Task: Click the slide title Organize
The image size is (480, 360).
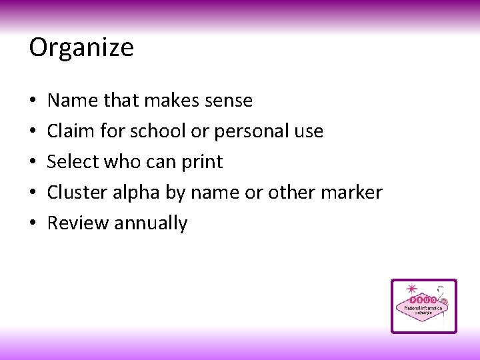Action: click(x=81, y=48)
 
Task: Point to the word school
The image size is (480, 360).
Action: click(x=156, y=131)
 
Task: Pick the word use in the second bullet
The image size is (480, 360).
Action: click(x=309, y=131)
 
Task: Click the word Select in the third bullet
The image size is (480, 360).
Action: click(x=72, y=162)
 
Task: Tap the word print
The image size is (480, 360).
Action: click(x=202, y=162)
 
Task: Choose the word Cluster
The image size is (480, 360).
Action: click(x=75, y=193)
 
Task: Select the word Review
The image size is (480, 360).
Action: click(x=77, y=223)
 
